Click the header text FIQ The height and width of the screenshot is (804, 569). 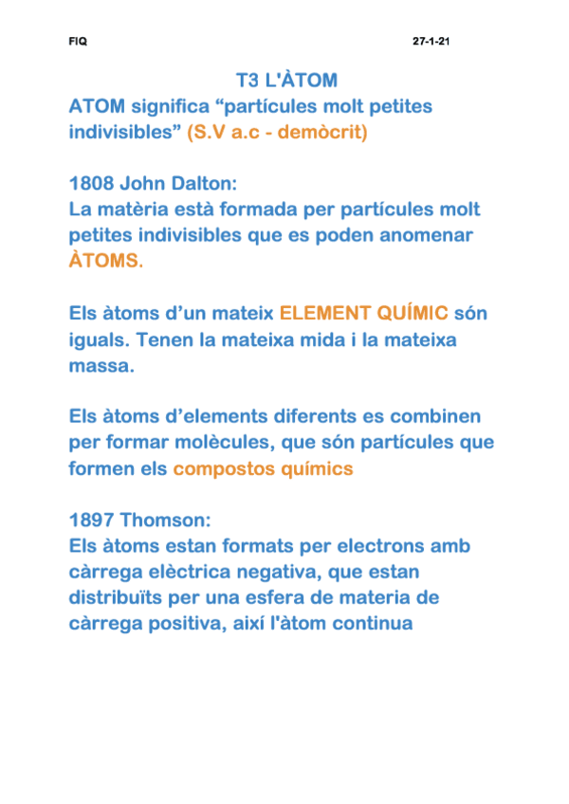[x=78, y=43]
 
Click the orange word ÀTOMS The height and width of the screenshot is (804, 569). [x=104, y=260]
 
